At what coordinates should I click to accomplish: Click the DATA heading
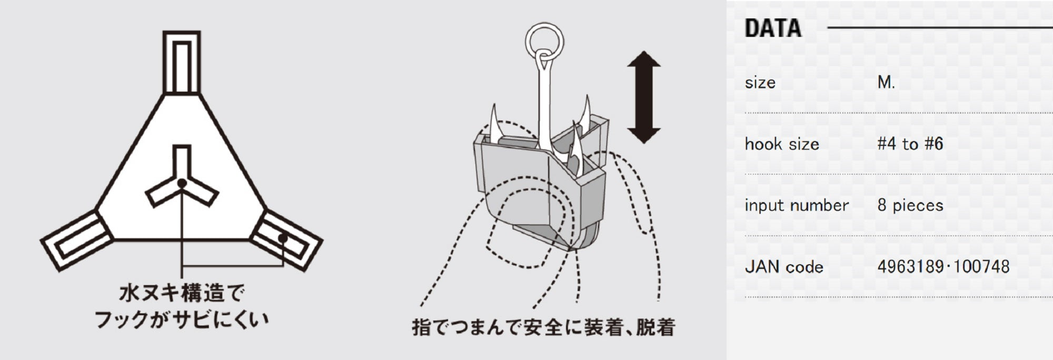tap(772, 28)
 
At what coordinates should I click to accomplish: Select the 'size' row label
tap(760, 83)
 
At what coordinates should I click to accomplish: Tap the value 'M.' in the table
tap(886, 83)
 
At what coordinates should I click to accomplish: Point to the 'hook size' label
tap(782, 144)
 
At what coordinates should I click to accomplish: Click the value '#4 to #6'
tap(910, 144)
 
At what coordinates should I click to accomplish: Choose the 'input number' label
tap(797, 205)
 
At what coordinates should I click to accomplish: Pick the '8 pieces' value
tap(910, 205)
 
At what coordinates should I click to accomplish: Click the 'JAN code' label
tap(784, 267)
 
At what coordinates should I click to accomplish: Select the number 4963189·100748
tap(943, 267)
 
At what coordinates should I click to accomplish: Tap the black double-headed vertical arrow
tap(643, 97)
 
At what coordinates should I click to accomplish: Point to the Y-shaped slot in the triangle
tap(182, 179)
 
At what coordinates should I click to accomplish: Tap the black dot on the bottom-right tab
tap(283, 238)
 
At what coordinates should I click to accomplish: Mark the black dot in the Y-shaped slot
tap(181, 183)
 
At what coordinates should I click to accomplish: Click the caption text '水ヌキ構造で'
tap(182, 293)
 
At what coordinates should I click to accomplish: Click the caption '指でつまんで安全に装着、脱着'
tap(543, 327)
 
